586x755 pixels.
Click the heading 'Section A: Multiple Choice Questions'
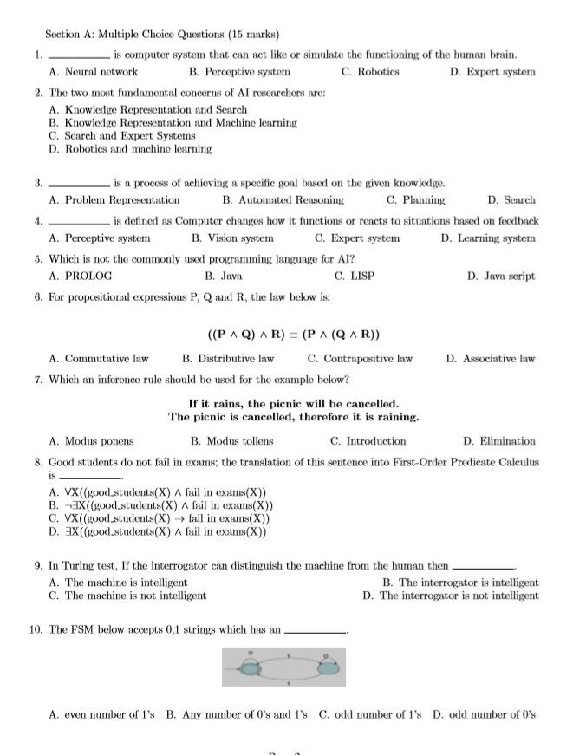point(162,35)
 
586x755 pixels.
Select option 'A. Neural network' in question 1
point(94,72)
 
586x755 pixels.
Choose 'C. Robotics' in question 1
point(370,72)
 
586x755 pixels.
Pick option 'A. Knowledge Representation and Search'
point(148,110)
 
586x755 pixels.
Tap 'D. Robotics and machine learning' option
point(130,149)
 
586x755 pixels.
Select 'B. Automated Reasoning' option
point(283,200)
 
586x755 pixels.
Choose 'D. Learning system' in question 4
point(487,238)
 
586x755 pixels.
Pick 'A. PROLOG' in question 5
point(81,277)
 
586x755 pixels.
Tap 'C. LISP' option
point(354,277)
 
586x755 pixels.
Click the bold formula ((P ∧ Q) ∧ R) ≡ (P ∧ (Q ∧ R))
point(293,335)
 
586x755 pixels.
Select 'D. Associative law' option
point(490,359)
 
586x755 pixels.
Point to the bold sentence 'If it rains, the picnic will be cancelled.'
point(293,404)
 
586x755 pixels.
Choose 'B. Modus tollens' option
point(231,441)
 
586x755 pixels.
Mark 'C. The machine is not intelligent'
point(127,596)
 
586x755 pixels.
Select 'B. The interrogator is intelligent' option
point(459,583)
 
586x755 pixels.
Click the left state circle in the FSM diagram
point(251,667)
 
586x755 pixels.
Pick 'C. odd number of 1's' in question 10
point(370,715)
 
